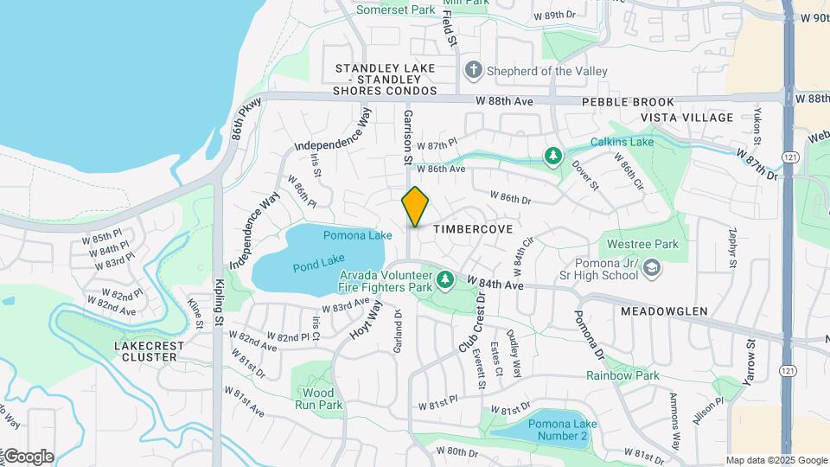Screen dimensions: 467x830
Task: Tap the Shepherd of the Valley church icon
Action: coord(473,71)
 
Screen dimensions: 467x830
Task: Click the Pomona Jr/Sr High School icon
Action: coord(652,271)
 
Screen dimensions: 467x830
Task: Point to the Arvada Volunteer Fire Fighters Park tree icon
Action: coord(444,279)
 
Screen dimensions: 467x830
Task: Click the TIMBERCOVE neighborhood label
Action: coord(473,229)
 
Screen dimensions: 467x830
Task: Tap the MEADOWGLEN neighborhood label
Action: coord(663,310)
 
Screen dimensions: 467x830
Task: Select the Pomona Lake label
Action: coord(351,235)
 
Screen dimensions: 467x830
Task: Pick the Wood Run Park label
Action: coord(318,399)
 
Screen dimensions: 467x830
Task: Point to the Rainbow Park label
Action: coord(622,375)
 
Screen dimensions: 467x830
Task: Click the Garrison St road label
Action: coord(406,137)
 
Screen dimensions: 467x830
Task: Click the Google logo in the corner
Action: coord(28,457)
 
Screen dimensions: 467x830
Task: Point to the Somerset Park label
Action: coord(396,10)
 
